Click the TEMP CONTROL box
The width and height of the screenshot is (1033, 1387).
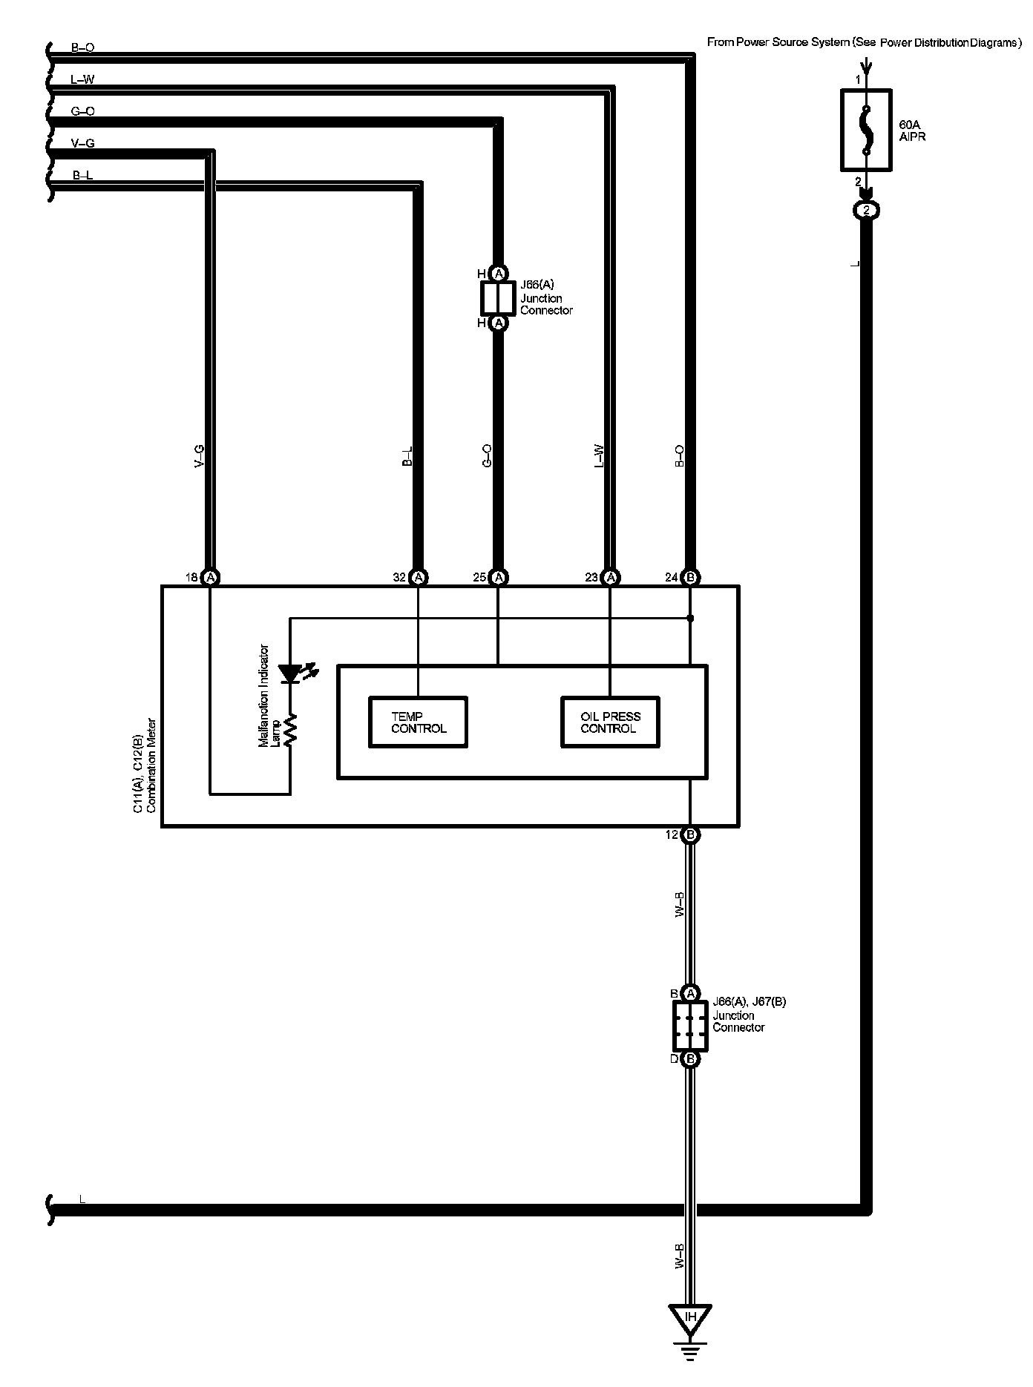click(419, 722)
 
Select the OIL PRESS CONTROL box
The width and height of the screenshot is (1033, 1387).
click(609, 722)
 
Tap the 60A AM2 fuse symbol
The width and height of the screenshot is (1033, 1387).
click(865, 131)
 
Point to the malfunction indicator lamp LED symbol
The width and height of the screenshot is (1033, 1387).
click(290, 673)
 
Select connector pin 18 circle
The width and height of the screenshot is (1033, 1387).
click(211, 577)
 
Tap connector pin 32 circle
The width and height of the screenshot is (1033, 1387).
click(419, 577)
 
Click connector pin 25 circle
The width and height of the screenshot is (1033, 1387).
click(499, 577)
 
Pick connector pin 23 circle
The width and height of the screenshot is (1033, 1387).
click(610, 577)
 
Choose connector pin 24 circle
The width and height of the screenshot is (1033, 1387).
click(690, 577)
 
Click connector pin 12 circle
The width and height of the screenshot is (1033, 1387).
click(690, 835)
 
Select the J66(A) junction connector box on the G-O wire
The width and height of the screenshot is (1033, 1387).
click(498, 298)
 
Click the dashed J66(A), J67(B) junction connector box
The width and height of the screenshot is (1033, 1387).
click(690, 1026)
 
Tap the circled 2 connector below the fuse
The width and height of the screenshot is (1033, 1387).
click(865, 211)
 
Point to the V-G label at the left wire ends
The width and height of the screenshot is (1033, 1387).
click(82, 143)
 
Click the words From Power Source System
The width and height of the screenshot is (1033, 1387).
click(778, 42)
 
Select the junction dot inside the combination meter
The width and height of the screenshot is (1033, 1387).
click(690, 618)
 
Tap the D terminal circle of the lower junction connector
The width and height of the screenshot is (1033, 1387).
click(690, 1058)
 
